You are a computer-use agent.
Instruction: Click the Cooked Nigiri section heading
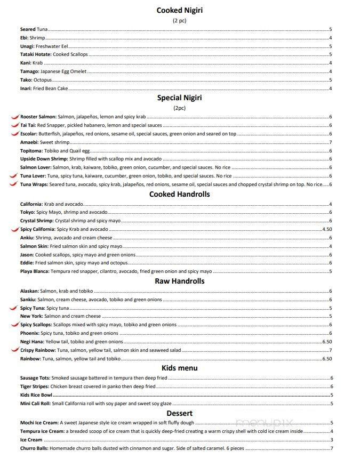179,10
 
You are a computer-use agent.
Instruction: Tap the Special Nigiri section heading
179,98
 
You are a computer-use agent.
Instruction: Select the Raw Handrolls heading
179,281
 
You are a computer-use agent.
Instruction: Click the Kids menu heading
179,368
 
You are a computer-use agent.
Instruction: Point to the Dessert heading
179,413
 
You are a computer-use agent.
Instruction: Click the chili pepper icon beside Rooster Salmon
14,117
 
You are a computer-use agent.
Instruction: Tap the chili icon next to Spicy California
14,229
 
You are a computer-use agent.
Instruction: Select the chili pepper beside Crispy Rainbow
14,350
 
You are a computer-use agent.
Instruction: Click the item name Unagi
27,46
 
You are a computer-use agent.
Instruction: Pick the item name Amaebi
29,142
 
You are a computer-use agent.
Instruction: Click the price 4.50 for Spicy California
327,229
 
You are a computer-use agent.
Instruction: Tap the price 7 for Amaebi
331,142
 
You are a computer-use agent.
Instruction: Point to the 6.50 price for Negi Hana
327,342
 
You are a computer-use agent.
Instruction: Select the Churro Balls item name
34,448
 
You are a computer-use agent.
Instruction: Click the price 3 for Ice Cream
331,440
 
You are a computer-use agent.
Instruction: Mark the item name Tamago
29,71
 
